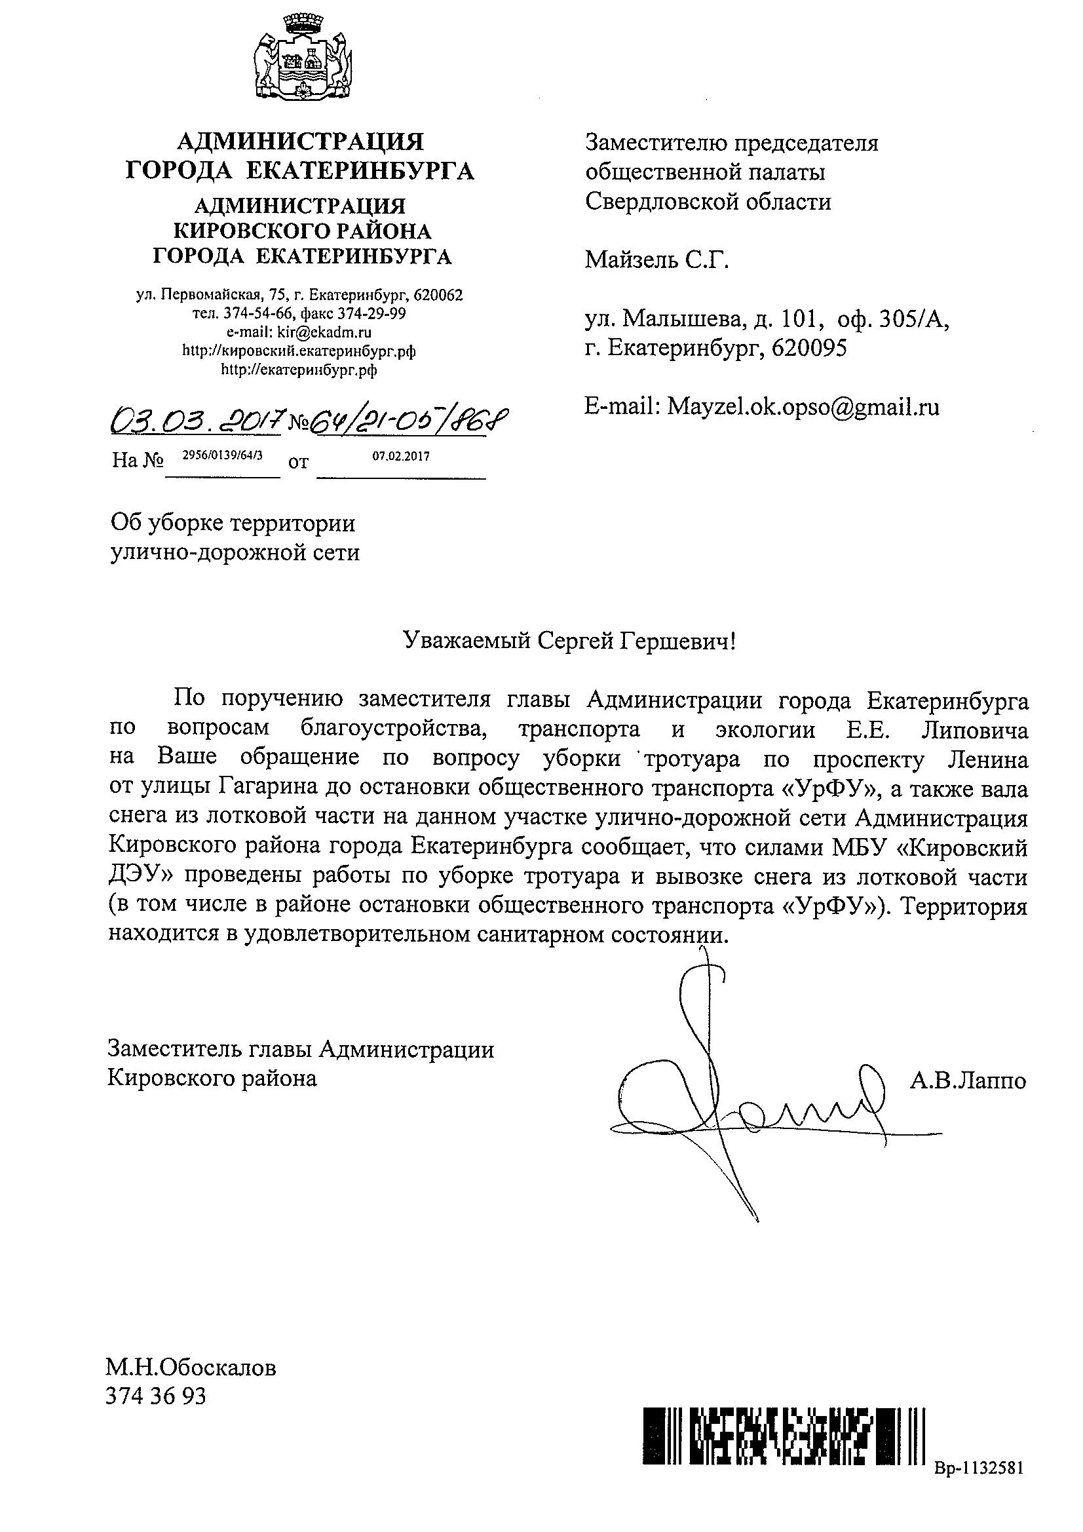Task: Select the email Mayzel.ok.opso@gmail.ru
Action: pyautogui.click(x=803, y=406)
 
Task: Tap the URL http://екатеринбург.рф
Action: pyautogui.click(x=299, y=370)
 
